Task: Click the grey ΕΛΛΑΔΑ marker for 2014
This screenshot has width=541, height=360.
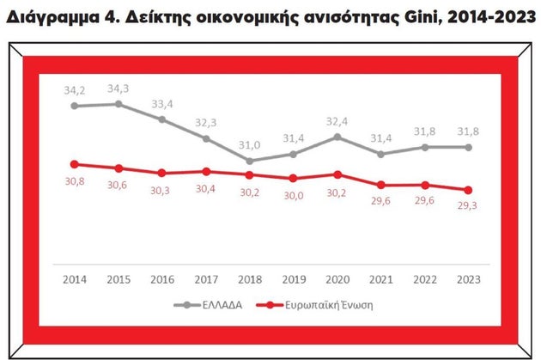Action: pyautogui.click(x=75, y=106)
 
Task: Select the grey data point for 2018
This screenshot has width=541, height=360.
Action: pyautogui.click(x=250, y=161)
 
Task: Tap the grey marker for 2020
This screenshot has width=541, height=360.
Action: pyautogui.click(x=337, y=137)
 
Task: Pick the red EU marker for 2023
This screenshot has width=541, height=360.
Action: pyautogui.click(x=468, y=190)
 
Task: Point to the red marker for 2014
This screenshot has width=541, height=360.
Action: pyautogui.click(x=75, y=164)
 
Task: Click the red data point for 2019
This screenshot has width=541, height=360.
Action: pyautogui.click(x=294, y=179)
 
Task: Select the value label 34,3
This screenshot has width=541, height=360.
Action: pyautogui.click(x=118, y=88)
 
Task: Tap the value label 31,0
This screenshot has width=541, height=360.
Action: pyautogui.click(x=250, y=144)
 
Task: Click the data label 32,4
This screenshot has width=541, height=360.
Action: pyautogui.click(x=337, y=120)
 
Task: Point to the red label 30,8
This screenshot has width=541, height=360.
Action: pyautogui.click(x=75, y=181)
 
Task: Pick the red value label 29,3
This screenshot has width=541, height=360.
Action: pyautogui.click(x=468, y=207)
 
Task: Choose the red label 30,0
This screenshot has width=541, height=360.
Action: pyautogui.click(x=294, y=196)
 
